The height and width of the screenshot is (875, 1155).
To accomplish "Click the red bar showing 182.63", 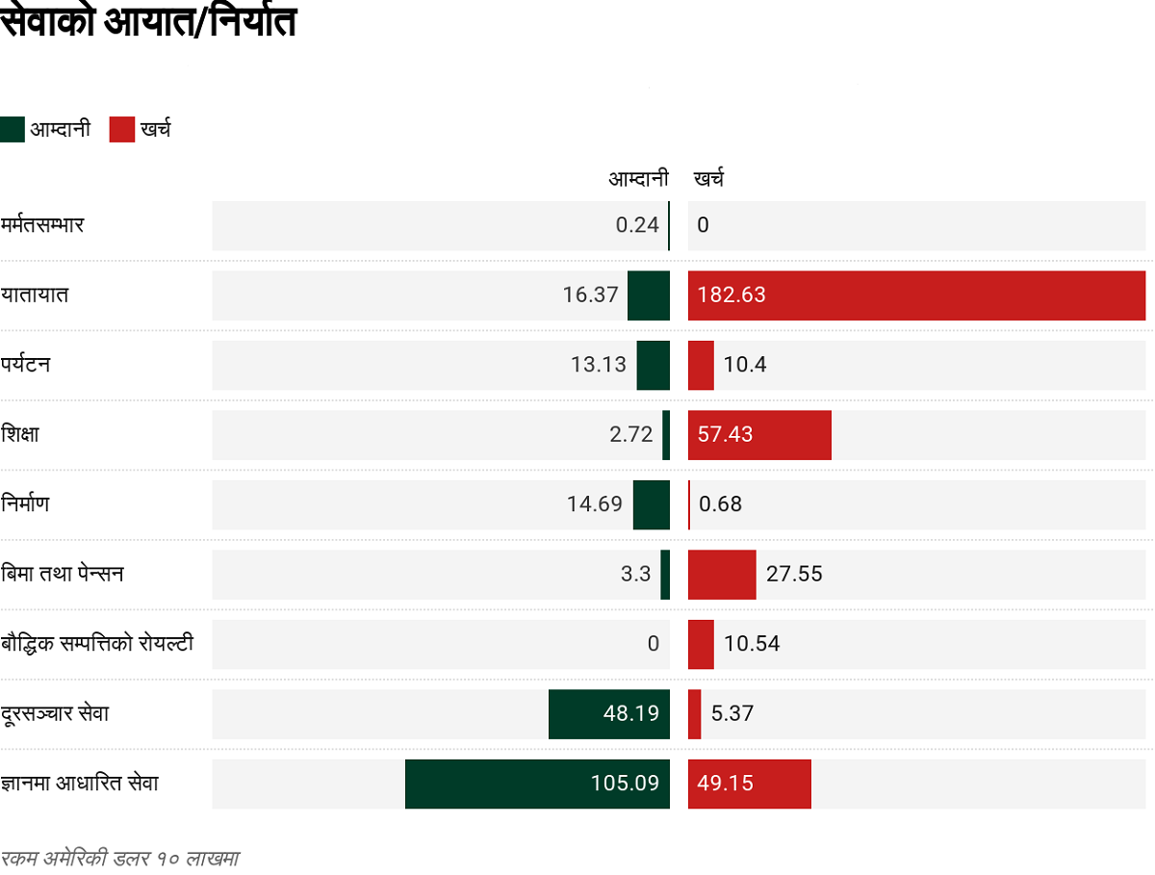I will pos(916,295).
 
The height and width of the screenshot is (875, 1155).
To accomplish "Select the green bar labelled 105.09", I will pos(537,784).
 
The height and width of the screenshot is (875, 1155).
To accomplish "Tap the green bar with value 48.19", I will pos(608,714).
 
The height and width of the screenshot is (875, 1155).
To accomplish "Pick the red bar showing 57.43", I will pos(759,434).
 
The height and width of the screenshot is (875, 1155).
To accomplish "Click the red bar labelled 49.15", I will pos(749,784).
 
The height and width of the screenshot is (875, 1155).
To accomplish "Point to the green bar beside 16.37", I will pos(648,295).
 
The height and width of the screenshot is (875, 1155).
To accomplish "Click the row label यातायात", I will pos(35,295).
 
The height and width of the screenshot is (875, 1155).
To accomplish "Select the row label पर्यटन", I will pos(26,365).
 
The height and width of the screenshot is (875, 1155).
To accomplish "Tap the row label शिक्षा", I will pos(21,434).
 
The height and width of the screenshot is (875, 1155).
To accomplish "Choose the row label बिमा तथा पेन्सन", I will pos(63,574).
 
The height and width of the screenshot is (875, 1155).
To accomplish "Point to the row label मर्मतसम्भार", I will pos(43,225).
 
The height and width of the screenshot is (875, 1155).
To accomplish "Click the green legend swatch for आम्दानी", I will pos(13,129).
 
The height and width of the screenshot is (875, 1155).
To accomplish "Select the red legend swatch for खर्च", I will pos(122,129).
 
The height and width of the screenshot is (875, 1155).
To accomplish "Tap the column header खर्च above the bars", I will pos(708,178).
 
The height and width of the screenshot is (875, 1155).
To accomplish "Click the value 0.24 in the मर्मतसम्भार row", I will pos(637,225).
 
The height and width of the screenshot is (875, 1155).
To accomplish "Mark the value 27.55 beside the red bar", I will pos(794,575).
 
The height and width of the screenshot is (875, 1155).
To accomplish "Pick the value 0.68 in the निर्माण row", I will pos(720,504).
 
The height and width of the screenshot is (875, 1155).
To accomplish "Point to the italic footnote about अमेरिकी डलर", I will pos(119,858).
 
